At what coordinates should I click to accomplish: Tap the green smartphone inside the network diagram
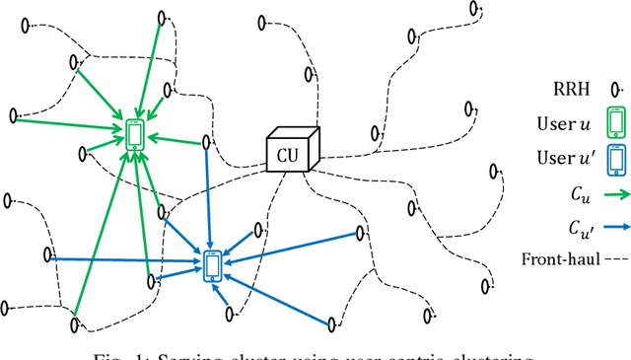(x=135, y=133)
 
